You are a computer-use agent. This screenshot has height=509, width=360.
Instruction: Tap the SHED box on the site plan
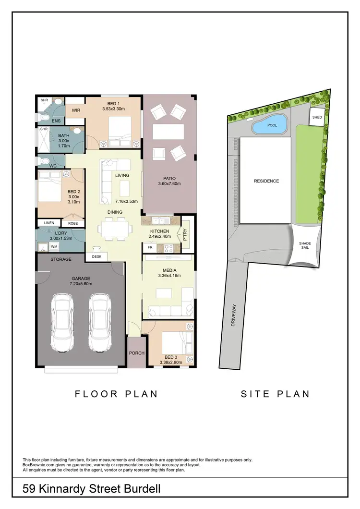pos(317,118)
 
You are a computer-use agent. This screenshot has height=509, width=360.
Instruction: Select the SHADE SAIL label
pos(305,246)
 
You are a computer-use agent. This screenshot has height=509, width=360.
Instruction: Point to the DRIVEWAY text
pos(234,317)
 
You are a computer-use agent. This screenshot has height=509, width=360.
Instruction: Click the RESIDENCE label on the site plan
pos(266,181)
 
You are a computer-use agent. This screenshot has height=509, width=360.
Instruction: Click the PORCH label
pos(137,353)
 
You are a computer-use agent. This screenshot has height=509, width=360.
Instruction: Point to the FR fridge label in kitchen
pos(150,248)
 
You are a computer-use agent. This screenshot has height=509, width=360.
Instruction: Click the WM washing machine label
pos(54,247)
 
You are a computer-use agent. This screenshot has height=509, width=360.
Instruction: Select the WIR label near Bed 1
pos(76,110)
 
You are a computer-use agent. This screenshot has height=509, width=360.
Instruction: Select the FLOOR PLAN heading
pos(116,394)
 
